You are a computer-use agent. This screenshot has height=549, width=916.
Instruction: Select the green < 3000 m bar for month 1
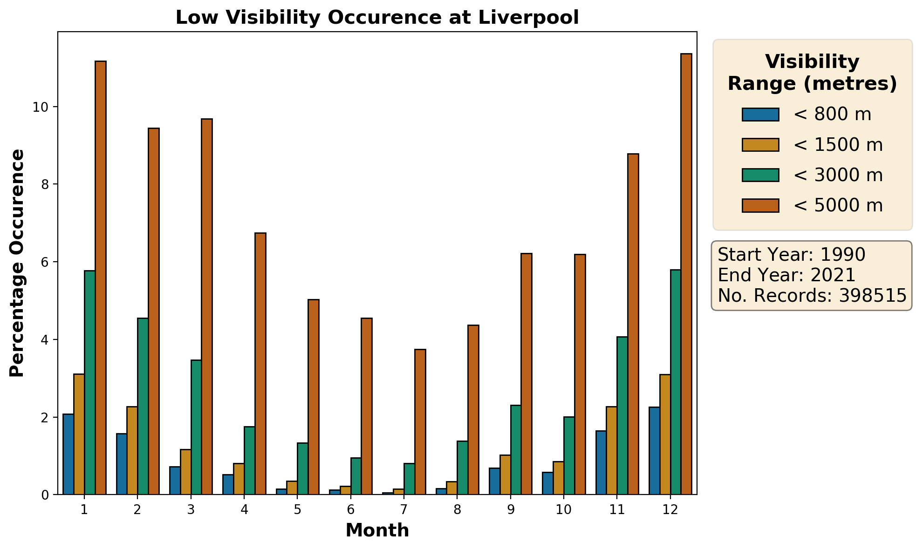[89, 382]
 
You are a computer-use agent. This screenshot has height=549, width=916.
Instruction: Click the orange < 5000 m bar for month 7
[420, 421]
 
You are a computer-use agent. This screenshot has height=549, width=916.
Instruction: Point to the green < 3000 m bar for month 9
[516, 450]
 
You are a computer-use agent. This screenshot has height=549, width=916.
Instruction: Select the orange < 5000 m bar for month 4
[260, 363]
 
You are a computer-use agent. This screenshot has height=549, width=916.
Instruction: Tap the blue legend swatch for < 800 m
[760, 115]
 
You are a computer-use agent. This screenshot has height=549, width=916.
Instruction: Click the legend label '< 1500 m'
[838, 145]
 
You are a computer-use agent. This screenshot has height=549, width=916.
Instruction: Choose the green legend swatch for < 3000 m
[760, 175]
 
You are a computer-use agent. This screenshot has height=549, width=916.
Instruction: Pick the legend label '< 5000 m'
[838, 205]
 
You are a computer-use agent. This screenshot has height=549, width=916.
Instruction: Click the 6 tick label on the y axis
[44, 262]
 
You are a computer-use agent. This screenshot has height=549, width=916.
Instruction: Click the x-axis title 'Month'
[377, 530]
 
